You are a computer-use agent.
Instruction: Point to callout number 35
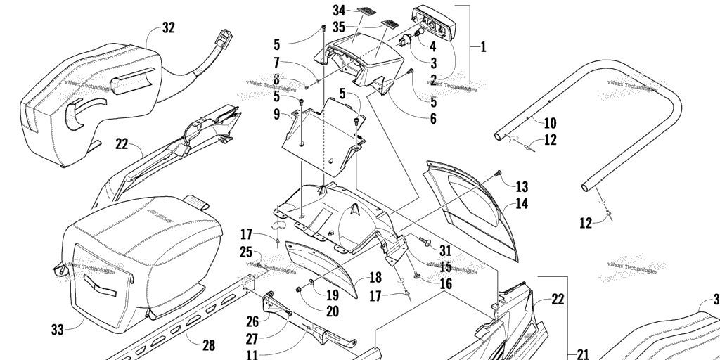(x=340, y=28)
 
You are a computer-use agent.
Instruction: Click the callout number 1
(x=483, y=47)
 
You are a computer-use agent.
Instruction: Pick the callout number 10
(x=550, y=122)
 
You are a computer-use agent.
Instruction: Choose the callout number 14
(x=522, y=205)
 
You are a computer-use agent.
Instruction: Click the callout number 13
(x=521, y=186)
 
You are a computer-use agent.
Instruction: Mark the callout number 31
(x=446, y=250)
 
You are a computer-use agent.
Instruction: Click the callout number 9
(x=276, y=113)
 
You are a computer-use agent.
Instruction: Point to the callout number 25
(x=245, y=252)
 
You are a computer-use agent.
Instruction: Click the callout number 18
(x=375, y=278)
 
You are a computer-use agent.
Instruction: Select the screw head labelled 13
(x=499, y=172)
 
